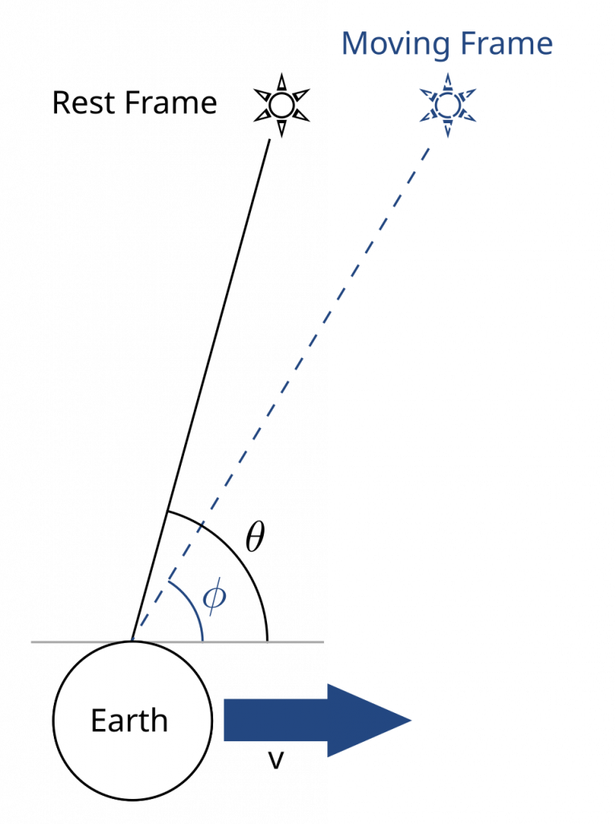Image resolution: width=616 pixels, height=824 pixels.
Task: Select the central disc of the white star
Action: coord(281,105)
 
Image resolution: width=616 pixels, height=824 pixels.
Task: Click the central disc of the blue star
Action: coord(447,105)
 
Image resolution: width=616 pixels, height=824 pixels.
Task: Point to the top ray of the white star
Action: coord(281,84)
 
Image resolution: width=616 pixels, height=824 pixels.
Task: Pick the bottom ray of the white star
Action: coord(281,126)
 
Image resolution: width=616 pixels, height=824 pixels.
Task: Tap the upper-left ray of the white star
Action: coord(264,95)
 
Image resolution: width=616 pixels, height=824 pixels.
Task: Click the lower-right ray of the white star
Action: coord(300,116)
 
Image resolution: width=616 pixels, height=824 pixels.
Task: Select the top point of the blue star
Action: coord(447,80)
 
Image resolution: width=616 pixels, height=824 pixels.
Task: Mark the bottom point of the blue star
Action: coord(447,131)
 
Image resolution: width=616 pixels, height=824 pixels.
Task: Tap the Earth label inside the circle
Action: coord(129,720)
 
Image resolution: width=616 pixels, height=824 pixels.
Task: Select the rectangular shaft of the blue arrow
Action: coord(274,720)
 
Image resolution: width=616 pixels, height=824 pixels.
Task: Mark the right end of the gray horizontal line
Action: coord(322,641)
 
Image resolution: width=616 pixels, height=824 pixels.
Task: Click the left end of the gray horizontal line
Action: coord(32,641)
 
